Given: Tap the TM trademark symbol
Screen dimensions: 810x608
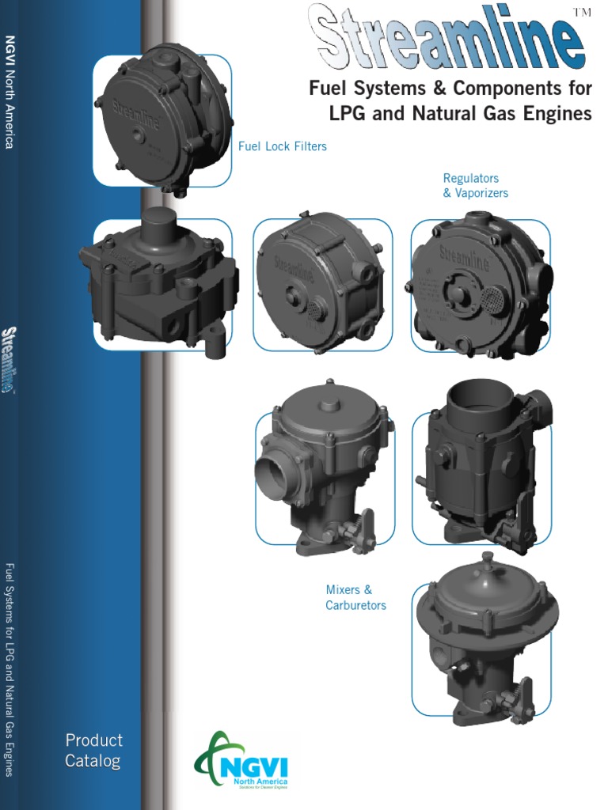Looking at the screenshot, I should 582,10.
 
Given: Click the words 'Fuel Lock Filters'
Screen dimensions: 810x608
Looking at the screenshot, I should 283,146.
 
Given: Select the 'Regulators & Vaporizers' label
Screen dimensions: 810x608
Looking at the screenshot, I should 475,186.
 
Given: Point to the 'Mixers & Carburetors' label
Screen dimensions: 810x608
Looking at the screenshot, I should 355,597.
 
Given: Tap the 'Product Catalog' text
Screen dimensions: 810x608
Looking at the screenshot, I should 93,751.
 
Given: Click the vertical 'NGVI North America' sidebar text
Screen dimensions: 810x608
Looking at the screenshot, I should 10,91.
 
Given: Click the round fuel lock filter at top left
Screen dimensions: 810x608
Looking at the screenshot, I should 163,120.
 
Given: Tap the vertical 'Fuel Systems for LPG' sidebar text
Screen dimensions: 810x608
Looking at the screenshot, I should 10,668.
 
